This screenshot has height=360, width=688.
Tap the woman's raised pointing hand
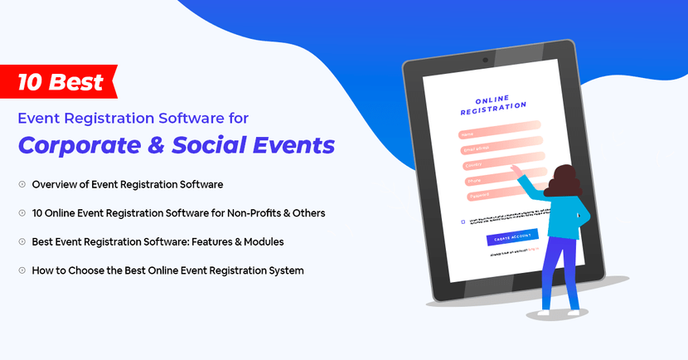tap(516, 169)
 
